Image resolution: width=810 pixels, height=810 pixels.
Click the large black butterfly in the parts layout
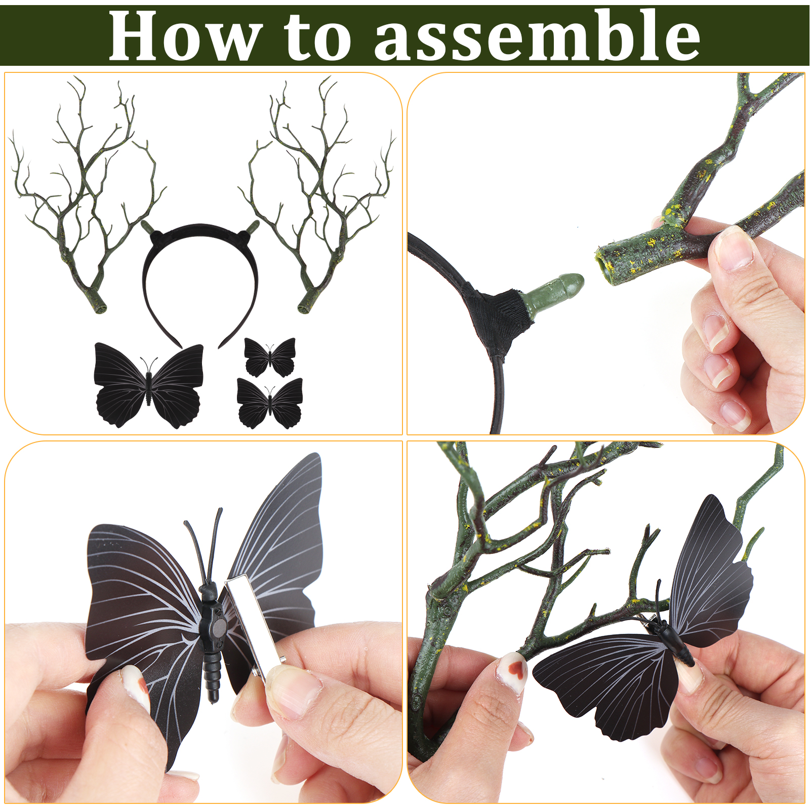tap(149, 385)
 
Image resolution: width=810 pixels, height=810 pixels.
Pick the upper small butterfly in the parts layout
tap(269, 357)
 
